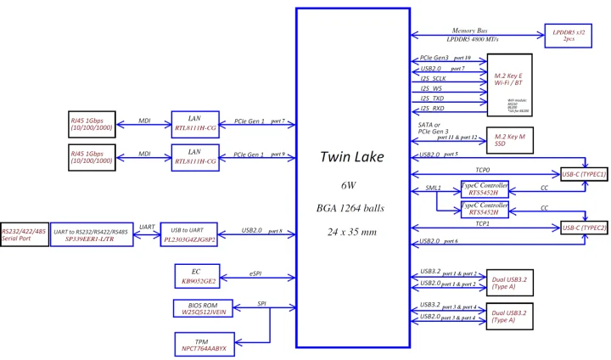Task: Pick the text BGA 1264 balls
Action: [352, 205]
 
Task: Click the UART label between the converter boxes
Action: [147, 227]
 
